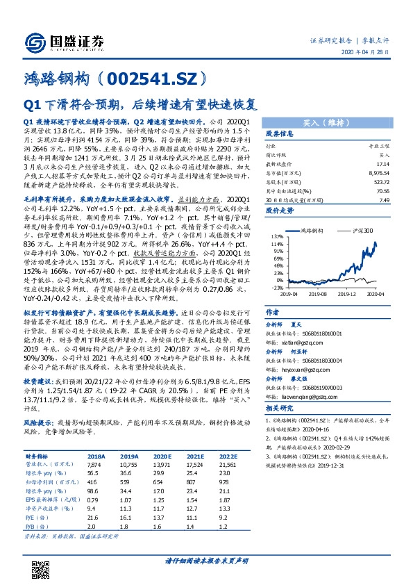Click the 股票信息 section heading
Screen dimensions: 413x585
tap(280, 133)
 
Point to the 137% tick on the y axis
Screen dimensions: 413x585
tap(278, 236)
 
